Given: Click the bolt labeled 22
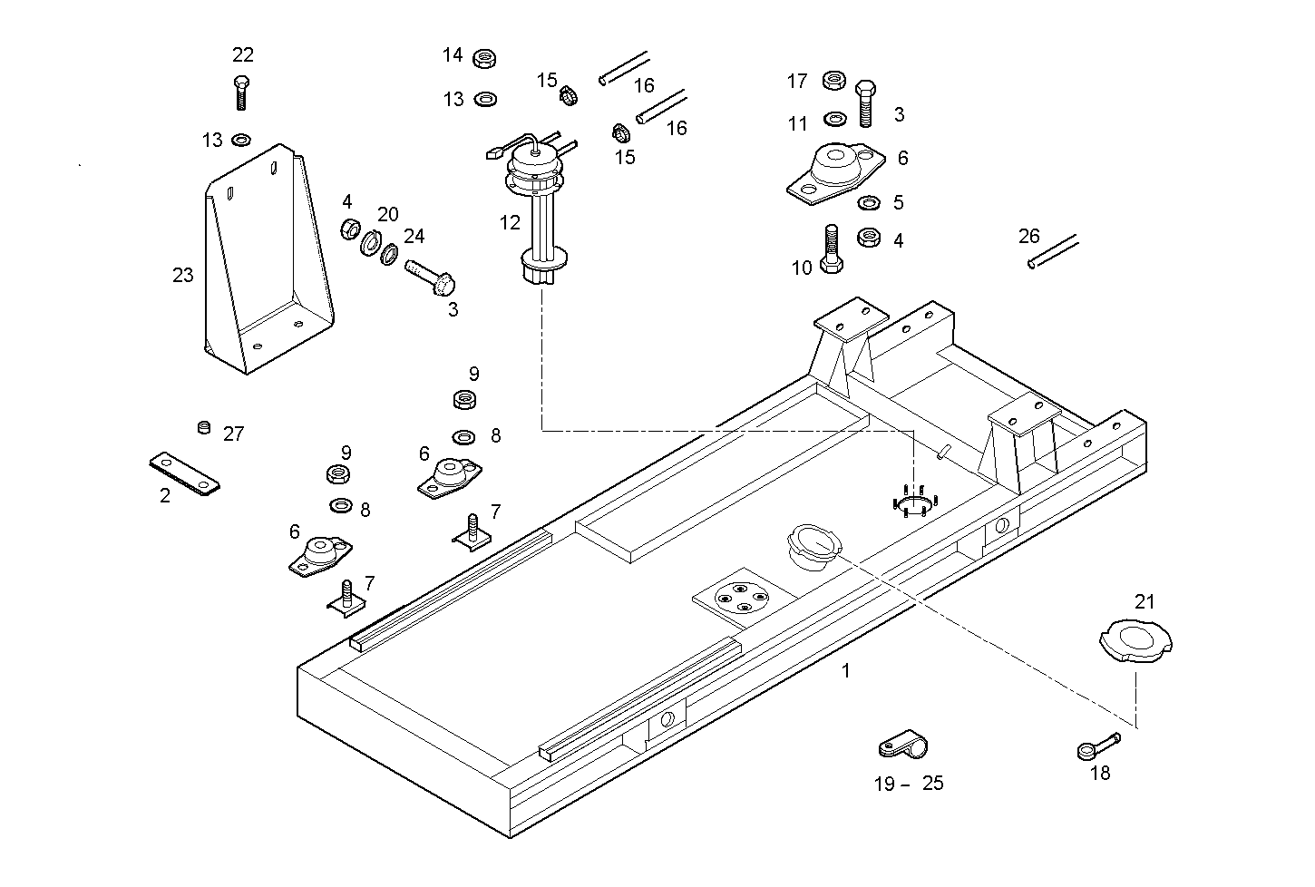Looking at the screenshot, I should (x=241, y=91).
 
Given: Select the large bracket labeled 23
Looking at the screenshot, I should (x=264, y=263).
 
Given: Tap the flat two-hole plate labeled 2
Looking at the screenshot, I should (x=184, y=473).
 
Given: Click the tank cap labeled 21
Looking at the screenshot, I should (x=1135, y=639).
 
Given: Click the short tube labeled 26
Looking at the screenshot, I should (x=1053, y=251).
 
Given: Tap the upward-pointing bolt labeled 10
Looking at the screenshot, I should (x=831, y=249).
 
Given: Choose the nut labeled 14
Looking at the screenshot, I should (x=485, y=60).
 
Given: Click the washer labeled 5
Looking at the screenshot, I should (x=868, y=201).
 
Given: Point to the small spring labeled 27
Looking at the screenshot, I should (x=204, y=426).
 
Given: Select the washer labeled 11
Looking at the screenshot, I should (x=833, y=119).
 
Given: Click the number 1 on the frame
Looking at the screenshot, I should (x=845, y=671).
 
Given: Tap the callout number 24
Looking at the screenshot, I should (x=414, y=237).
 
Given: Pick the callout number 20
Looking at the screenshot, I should (x=387, y=215).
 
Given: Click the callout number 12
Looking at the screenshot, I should (x=510, y=222).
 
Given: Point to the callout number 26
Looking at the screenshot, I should (x=1028, y=237).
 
